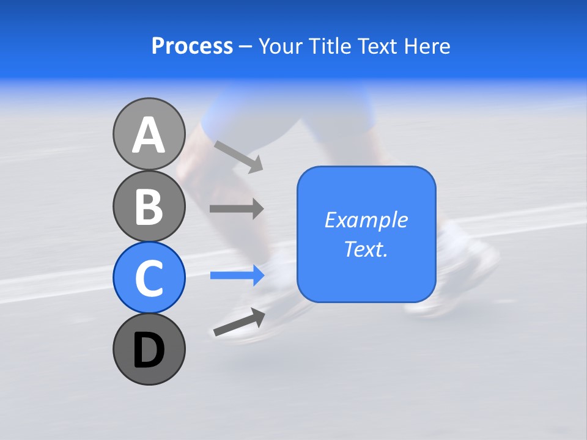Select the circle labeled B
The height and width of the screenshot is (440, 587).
click(x=149, y=206)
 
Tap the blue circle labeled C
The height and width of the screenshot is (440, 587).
click(x=149, y=277)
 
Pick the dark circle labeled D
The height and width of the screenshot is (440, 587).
click(x=149, y=349)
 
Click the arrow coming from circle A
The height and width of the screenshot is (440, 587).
click(x=238, y=157)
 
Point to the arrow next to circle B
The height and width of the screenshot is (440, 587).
click(x=237, y=209)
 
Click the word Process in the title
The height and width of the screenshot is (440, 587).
click(x=192, y=46)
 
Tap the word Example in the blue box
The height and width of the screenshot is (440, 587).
click(x=366, y=220)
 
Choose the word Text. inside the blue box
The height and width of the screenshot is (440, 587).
click(x=366, y=249)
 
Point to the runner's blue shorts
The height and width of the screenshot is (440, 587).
click(x=287, y=116)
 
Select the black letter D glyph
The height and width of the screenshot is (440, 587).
click(x=149, y=350)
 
